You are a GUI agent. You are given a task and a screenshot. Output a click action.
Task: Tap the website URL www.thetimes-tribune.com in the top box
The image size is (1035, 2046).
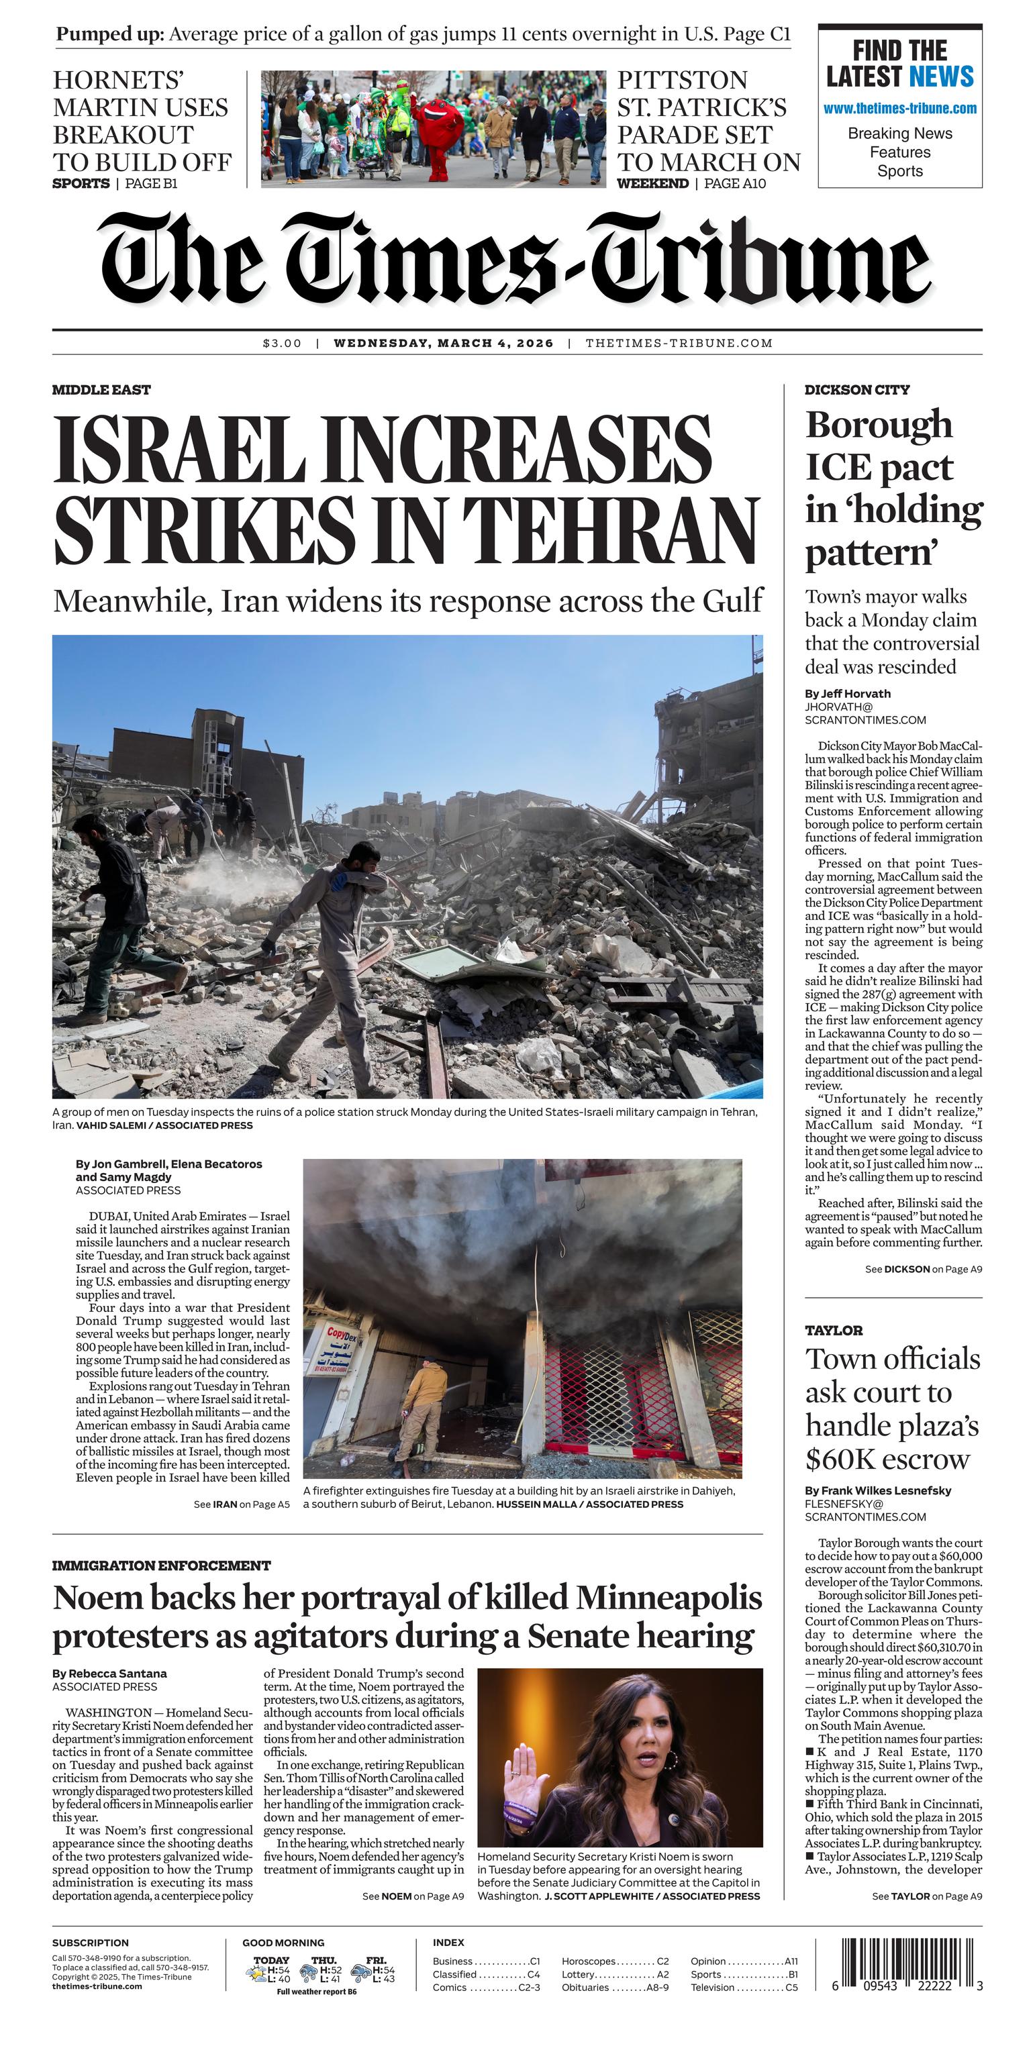click(x=900, y=109)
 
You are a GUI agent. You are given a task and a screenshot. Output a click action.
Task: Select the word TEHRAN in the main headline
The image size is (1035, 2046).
click(x=610, y=528)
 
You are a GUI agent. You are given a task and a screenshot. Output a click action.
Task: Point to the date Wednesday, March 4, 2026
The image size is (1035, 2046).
click(x=443, y=343)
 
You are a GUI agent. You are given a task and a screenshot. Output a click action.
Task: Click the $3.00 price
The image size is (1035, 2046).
click(x=282, y=343)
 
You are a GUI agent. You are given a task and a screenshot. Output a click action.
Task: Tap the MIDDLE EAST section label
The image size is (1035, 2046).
click(x=101, y=389)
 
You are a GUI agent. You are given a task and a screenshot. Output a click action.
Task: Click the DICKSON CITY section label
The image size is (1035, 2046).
click(x=857, y=389)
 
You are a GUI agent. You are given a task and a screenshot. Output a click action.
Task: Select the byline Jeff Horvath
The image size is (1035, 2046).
click(x=848, y=693)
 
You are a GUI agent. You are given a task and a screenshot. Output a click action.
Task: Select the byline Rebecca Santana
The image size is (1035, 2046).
click(x=109, y=1674)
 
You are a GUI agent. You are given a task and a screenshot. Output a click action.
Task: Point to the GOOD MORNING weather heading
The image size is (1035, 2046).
click(x=283, y=1942)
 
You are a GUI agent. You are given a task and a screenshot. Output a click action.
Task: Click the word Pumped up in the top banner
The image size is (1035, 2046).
click(x=109, y=34)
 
